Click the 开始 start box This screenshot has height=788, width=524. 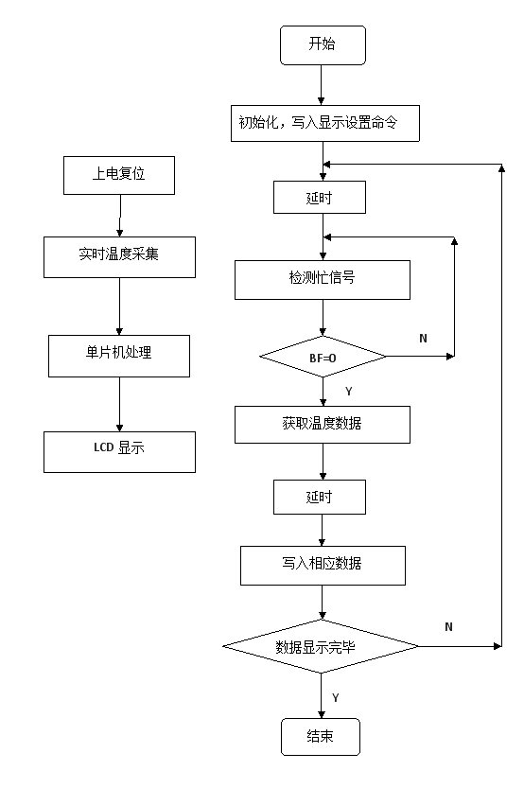tap(323, 45)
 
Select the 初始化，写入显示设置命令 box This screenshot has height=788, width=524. tap(325, 123)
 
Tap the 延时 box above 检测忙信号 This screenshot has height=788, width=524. tap(320, 197)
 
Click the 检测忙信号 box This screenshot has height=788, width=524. tap(323, 280)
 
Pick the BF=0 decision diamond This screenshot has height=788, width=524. tap(323, 357)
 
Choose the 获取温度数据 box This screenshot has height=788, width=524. tap(323, 425)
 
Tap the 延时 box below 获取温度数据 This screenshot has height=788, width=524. tap(320, 497)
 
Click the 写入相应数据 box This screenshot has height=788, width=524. tap(323, 566)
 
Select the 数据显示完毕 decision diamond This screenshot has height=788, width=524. tap(321, 646)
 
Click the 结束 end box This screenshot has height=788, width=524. tap(321, 737)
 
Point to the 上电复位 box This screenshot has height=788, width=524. tap(119, 175)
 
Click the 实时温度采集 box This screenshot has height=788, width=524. tap(119, 257)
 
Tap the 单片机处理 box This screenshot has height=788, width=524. tap(119, 356)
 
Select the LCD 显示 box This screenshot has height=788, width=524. tap(119, 452)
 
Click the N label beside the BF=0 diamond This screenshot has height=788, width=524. tap(423, 339)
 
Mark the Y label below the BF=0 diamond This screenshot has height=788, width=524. tap(349, 391)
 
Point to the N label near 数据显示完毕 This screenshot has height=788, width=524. tap(448, 626)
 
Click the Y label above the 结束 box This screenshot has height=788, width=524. tap(336, 697)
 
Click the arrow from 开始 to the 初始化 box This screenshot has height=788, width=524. tap(322, 85)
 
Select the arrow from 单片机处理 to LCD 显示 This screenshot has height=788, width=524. tap(119, 404)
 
